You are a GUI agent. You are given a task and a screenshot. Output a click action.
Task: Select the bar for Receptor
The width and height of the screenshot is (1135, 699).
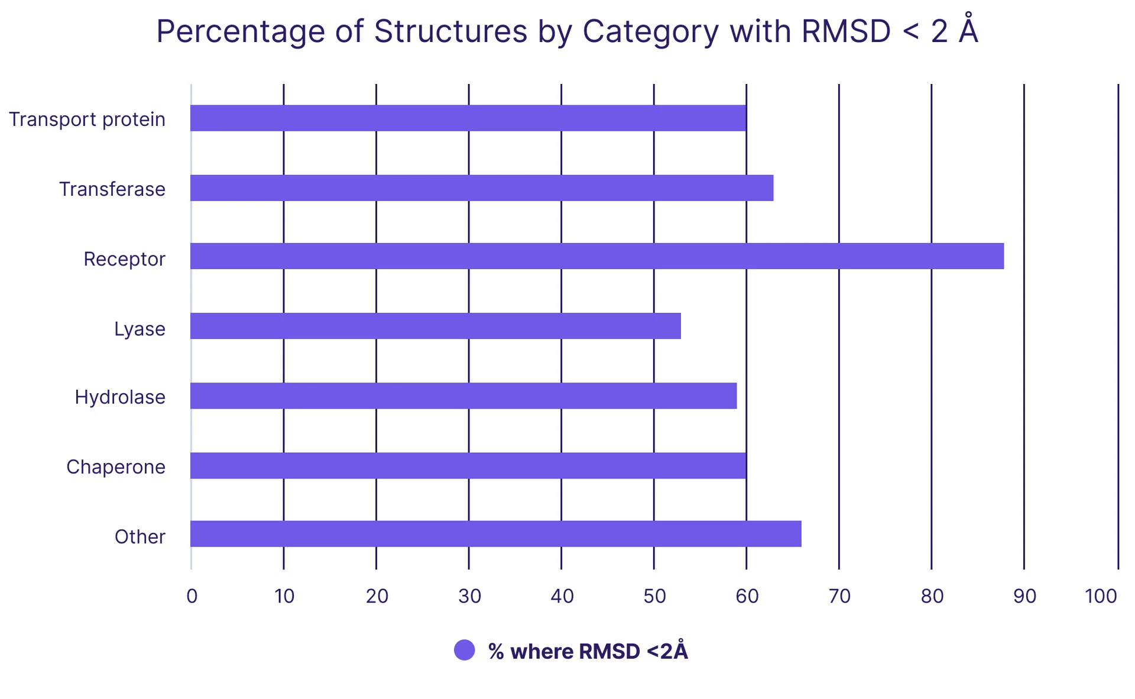click(x=597, y=256)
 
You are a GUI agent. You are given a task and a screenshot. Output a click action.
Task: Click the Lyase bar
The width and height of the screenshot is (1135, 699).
click(x=436, y=326)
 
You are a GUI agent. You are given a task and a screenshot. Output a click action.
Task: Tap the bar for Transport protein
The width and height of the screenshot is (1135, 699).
click(x=468, y=118)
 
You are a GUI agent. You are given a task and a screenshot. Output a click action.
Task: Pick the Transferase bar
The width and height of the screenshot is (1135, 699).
click(x=482, y=188)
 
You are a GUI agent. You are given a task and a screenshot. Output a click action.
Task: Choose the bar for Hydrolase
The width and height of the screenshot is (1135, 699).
click(x=463, y=396)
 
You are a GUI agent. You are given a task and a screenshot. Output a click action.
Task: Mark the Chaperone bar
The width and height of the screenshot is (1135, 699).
click(x=468, y=465)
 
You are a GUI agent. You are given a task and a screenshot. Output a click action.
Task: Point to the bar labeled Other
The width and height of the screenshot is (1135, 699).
click(x=496, y=534)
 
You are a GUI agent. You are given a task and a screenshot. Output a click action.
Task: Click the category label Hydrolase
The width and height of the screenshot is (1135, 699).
click(x=120, y=397)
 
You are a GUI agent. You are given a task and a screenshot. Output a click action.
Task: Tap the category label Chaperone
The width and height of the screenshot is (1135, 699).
click(x=116, y=467)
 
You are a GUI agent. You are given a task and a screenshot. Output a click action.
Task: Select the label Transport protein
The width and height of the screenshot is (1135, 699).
click(x=87, y=119)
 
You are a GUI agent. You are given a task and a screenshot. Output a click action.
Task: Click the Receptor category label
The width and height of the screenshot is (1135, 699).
click(x=124, y=259)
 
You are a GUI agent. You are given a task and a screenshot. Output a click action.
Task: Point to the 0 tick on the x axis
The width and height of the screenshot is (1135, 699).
click(x=192, y=596)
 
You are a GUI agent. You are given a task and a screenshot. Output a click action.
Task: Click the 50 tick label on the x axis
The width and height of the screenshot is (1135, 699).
click(x=654, y=596)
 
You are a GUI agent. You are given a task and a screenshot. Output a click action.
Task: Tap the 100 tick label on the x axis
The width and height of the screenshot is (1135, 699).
click(x=1101, y=596)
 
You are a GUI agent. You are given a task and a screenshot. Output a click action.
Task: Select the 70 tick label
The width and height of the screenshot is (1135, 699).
click(x=839, y=596)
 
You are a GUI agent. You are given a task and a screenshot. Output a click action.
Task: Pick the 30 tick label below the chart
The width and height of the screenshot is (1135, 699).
click(x=469, y=596)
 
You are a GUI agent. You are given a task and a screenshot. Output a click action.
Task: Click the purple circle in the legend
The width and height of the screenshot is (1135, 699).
click(x=465, y=651)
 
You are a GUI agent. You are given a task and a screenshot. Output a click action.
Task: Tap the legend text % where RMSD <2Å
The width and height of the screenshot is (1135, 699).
click(x=588, y=651)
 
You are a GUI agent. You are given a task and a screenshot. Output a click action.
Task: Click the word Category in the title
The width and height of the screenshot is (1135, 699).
click(x=650, y=32)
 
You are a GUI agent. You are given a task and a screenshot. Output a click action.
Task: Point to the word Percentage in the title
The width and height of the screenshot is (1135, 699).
click(x=240, y=32)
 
